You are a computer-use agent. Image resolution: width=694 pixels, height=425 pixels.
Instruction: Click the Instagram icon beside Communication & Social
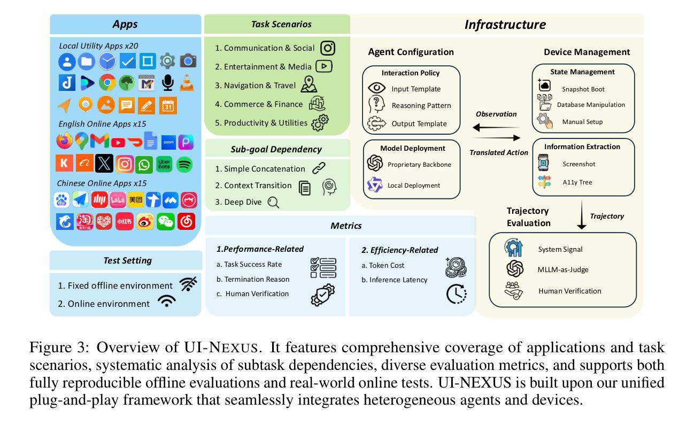(x=327, y=48)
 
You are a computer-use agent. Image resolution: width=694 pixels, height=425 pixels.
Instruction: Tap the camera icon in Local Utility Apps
(x=188, y=61)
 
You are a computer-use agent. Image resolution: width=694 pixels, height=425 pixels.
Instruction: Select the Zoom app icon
(x=168, y=142)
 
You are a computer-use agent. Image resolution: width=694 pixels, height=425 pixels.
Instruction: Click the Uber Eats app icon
(x=164, y=164)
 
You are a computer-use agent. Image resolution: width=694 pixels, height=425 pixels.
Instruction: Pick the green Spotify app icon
(x=184, y=165)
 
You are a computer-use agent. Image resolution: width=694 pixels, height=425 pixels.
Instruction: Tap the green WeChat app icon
(x=165, y=221)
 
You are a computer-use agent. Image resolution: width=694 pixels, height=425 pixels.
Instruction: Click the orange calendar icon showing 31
(x=168, y=105)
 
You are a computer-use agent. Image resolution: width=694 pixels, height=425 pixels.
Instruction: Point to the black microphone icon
(x=167, y=82)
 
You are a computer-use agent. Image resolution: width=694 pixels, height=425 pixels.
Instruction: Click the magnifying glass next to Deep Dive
(x=273, y=203)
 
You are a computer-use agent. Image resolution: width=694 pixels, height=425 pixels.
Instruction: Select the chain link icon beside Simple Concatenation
(x=319, y=168)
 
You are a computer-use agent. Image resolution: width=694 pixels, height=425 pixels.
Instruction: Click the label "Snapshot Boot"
(x=583, y=89)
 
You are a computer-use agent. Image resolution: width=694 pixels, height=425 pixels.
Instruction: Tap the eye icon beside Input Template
(x=376, y=88)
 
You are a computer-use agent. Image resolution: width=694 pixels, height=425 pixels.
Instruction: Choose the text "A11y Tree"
(x=577, y=182)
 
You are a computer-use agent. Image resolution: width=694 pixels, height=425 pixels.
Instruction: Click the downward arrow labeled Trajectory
(x=582, y=214)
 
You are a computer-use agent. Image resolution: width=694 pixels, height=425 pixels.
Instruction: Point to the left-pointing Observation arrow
(x=496, y=127)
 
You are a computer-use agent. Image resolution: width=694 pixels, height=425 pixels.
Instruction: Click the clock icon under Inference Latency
(x=457, y=293)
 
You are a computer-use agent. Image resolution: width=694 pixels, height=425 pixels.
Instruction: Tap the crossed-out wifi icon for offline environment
(x=188, y=284)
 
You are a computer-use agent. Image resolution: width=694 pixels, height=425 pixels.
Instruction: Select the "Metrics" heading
(x=346, y=226)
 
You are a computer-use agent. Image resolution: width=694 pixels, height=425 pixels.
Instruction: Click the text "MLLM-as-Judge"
(x=563, y=269)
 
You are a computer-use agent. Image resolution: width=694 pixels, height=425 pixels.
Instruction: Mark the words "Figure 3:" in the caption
(x=59, y=347)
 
